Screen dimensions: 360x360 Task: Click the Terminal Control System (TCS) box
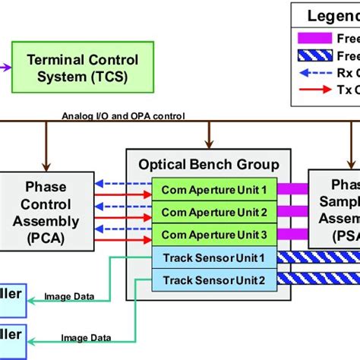(82, 68)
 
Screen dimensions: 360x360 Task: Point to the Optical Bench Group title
(208, 165)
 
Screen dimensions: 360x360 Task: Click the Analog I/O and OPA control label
(122, 116)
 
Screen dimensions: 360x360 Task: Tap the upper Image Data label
(70, 297)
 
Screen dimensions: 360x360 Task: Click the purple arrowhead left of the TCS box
(5, 68)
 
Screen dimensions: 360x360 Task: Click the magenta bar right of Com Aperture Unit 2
(292, 212)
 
